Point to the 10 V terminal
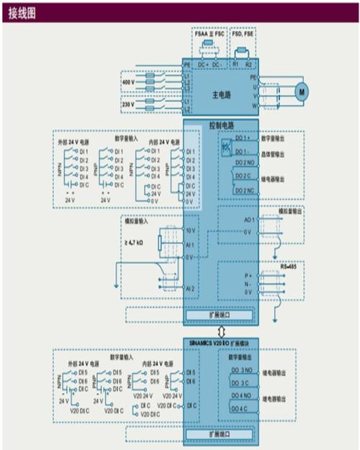pyautogui.click(x=190, y=230)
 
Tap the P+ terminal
pyautogui.click(x=246, y=274)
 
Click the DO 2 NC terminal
pyautogui.click(x=243, y=189)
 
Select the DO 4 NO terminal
pyautogui.click(x=240, y=396)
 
